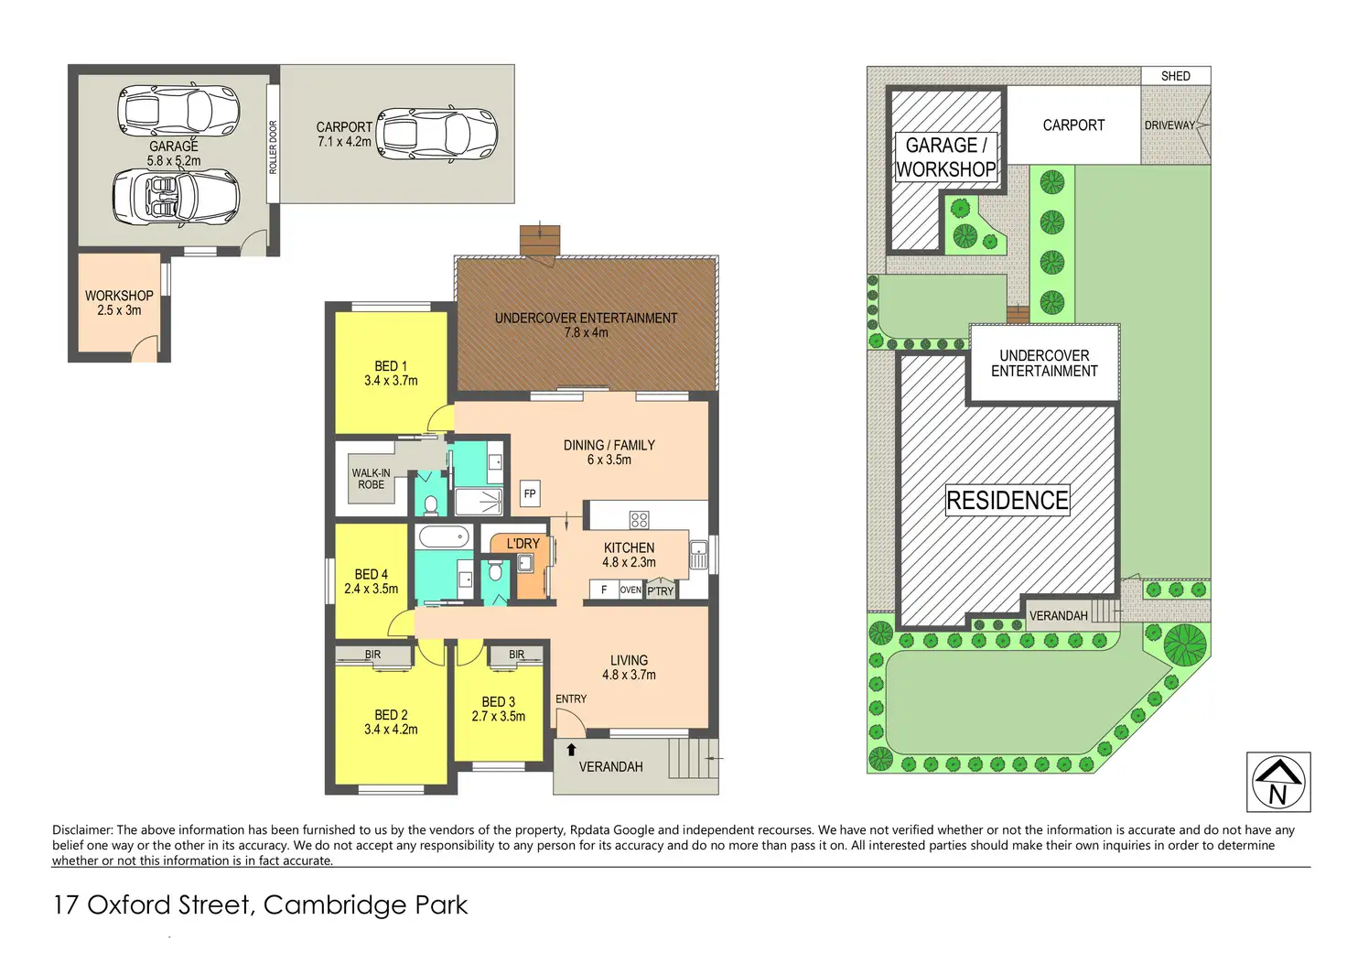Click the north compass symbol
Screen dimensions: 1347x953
coord(1278,782)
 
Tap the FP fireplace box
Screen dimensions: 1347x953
coord(530,493)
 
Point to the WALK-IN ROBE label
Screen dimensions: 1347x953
coord(371,479)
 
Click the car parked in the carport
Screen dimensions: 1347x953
coord(438,134)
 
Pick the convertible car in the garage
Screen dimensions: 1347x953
coord(176,195)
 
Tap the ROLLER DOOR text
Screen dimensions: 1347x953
coord(273,146)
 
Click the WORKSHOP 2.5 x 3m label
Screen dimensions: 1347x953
coord(119,303)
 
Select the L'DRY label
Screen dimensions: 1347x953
coord(523,544)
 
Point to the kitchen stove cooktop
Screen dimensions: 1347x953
coord(640,520)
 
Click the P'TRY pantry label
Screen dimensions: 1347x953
coord(660,591)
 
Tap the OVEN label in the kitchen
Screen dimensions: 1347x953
coord(630,590)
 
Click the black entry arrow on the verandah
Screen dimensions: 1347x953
coord(571,750)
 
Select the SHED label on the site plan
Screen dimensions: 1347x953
coord(1175,76)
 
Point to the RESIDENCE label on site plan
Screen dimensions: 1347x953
coord(1007,501)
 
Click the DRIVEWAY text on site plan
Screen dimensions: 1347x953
coord(1169,125)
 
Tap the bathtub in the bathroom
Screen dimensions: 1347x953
coord(444,537)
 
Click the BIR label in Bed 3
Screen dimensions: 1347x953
coord(517,655)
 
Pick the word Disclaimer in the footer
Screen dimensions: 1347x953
coord(82,830)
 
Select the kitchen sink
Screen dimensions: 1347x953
coord(698,555)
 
